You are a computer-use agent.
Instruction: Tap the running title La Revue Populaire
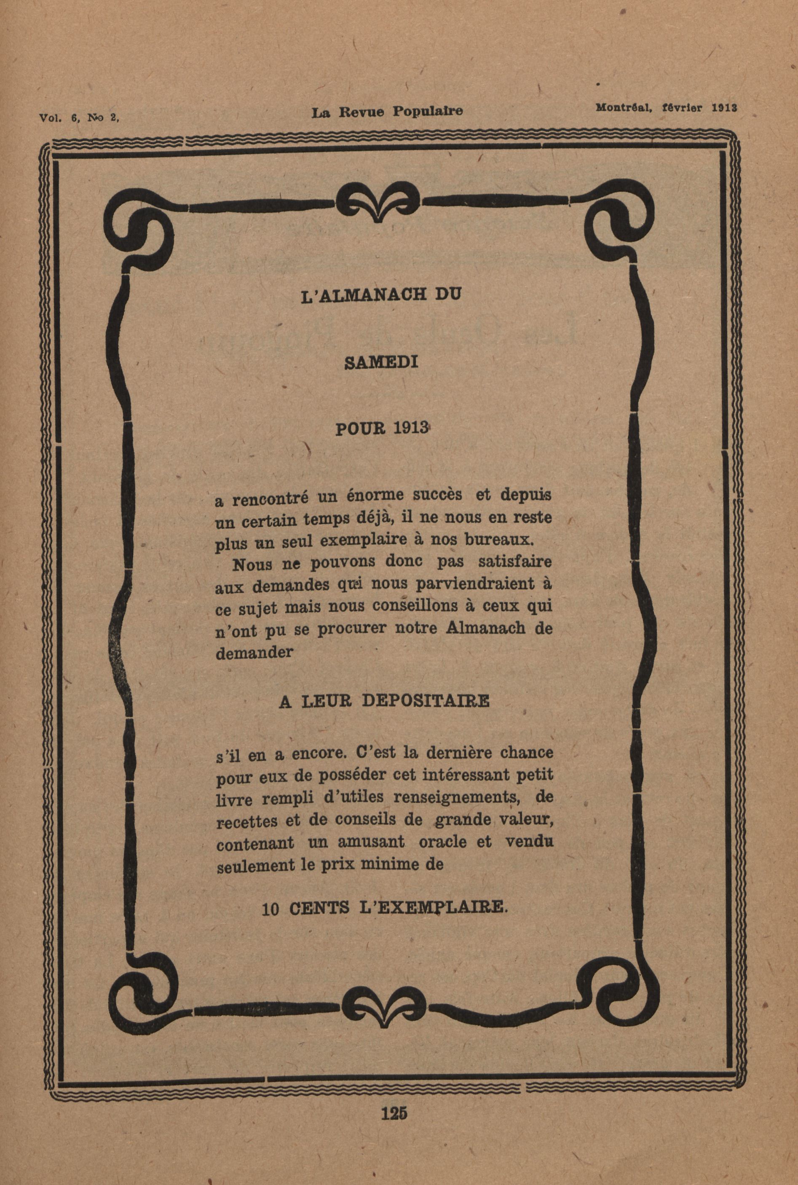pyautogui.click(x=387, y=112)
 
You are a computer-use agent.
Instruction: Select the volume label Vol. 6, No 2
pyautogui.click(x=79, y=117)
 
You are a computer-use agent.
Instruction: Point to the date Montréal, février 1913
pyautogui.click(x=666, y=108)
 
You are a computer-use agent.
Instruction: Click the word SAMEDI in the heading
pyautogui.click(x=382, y=362)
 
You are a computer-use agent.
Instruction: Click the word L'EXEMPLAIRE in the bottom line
pyautogui.click(x=434, y=907)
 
